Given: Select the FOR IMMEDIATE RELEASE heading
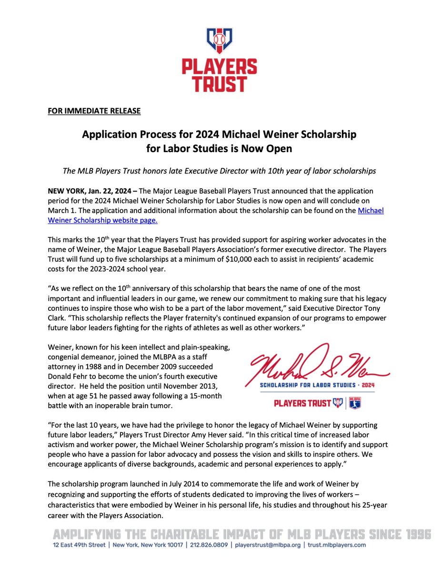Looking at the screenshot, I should click(x=94, y=111).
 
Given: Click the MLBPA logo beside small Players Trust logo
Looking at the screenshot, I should click(x=355, y=403).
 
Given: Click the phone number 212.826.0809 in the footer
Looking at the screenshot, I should click(x=203, y=545).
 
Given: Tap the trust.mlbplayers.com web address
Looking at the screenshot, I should click(x=336, y=545).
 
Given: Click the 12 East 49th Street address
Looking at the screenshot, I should click(x=80, y=545).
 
